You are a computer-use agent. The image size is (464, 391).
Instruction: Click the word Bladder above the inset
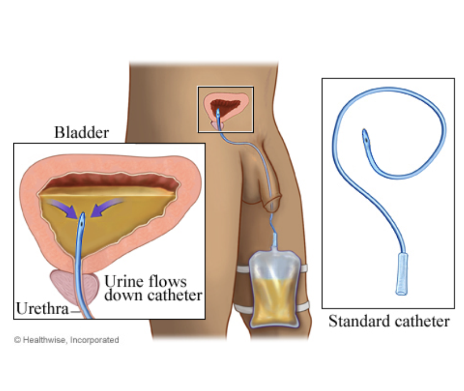[81, 133]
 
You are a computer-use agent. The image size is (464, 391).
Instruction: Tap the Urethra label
[38, 308]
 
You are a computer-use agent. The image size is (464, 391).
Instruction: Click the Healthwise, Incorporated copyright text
[67, 339]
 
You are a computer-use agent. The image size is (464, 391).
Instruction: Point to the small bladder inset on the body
[225, 109]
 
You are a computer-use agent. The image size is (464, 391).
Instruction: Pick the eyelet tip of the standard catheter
[366, 136]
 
